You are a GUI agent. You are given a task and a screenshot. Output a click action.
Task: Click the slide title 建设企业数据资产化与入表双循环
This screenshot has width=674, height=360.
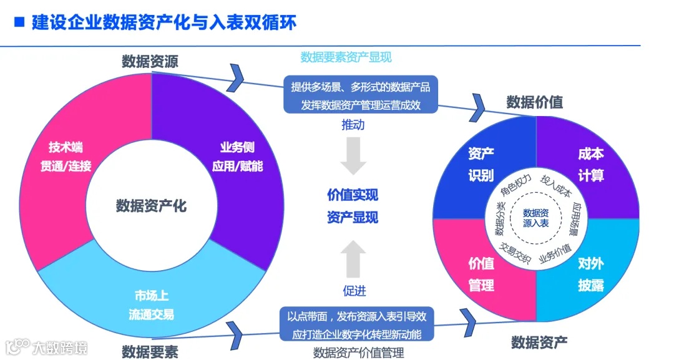(x=163, y=22)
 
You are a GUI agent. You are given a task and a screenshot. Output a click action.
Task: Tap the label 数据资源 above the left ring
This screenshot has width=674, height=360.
(x=150, y=61)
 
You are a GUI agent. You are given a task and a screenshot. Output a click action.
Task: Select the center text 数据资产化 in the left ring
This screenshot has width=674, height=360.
(x=151, y=205)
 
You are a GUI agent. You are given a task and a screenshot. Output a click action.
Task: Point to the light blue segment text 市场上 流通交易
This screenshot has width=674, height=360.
(x=152, y=304)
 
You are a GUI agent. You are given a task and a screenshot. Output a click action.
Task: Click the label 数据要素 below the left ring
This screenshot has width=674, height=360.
(x=150, y=351)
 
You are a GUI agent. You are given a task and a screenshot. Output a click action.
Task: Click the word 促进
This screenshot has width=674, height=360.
(x=354, y=291)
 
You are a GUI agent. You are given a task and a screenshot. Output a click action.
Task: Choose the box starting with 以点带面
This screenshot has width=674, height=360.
(x=361, y=324)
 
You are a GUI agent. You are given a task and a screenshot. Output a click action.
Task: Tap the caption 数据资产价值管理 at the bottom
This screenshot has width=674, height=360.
(x=358, y=352)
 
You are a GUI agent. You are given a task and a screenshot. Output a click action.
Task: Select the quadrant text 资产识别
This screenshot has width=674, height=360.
(x=481, y=164)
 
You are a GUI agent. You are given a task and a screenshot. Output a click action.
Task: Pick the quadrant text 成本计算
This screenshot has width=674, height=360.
(x=590, y=164)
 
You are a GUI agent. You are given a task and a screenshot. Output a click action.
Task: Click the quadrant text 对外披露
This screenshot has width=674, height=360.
(x=590, y=274)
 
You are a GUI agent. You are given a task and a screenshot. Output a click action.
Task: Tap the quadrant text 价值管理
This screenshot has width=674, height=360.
(x=481, y=274)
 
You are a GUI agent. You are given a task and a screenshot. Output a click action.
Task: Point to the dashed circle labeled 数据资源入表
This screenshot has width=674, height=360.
(x=535, y=218)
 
